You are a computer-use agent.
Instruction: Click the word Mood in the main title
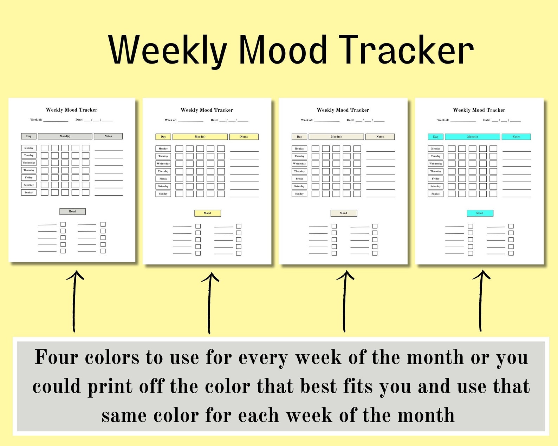[283, 50]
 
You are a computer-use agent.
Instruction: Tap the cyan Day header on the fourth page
[435, 137]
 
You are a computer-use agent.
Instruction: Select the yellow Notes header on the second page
[244, 137]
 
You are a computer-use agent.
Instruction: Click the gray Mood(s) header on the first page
[65, 136]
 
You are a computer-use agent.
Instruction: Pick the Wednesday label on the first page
[29, 163]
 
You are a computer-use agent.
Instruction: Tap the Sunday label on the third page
[299, 194]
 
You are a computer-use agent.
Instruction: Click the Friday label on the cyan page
[435, 178]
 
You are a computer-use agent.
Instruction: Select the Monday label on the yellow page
[163, 149]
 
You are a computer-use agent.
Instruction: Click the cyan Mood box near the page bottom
[480, 213]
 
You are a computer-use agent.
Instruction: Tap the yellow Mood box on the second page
[207, 213]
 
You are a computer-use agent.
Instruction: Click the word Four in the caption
[56, 357]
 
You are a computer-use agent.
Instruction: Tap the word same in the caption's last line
[124, 415]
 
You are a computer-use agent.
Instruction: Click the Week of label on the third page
[307, 120]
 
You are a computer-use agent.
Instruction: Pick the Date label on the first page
[79, 120]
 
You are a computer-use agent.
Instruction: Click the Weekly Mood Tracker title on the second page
[207, 110]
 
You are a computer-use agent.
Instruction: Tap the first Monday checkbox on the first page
[45, 148]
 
